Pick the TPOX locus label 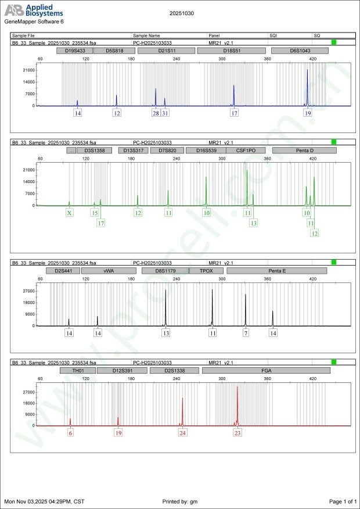206,271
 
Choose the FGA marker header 267,370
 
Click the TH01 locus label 77,370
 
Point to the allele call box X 70,213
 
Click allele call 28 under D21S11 156,113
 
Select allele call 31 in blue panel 165,113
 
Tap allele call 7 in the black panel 246,334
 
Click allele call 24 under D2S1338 183,433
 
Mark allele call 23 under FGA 237,433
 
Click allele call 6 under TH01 70,433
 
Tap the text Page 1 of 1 342,501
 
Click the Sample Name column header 146,35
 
